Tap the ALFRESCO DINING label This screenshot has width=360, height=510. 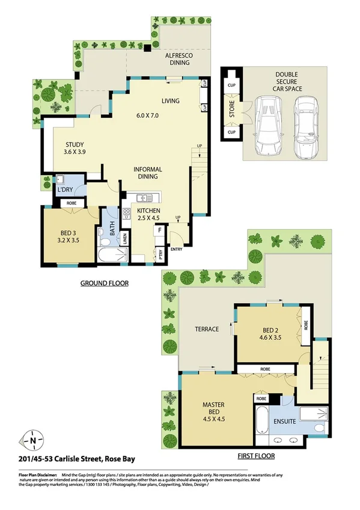pos(183,59)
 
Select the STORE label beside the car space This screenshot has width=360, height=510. pos(231,110)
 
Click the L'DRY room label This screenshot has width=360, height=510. pos(64,190)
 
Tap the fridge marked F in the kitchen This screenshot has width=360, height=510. pos(159,229)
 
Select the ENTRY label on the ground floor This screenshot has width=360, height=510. pos(177,248)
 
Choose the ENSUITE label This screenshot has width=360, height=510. pos(284,421)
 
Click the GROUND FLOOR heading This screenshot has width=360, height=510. pos(105,283)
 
